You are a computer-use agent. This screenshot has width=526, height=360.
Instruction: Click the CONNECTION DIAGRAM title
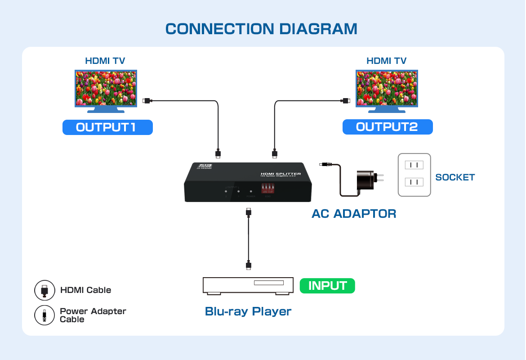261,29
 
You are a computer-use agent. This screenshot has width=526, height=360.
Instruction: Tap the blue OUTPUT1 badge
107,127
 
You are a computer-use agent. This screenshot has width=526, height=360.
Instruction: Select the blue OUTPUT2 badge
387,127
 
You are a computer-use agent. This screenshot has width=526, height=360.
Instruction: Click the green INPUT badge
327,286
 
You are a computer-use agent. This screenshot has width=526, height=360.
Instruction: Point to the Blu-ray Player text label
248,311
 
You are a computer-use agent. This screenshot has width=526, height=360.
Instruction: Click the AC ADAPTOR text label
354,214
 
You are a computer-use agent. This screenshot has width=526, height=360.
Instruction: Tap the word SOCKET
455,177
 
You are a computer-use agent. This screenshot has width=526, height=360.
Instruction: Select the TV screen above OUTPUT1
106,88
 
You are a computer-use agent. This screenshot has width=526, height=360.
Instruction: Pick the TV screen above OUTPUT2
387,88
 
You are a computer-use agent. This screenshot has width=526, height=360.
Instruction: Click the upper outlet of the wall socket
414,165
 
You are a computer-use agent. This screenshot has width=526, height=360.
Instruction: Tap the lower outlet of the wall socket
414,182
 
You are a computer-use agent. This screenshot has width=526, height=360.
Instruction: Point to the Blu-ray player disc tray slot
269,283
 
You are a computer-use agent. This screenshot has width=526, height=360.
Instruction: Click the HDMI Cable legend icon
45,290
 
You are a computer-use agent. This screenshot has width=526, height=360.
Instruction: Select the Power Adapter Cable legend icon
45,315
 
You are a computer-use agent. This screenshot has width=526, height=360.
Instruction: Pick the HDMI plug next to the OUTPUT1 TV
147,101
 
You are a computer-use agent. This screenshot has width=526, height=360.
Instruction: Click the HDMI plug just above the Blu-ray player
249,265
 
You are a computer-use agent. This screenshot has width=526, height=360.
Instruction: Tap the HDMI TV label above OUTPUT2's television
386,61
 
